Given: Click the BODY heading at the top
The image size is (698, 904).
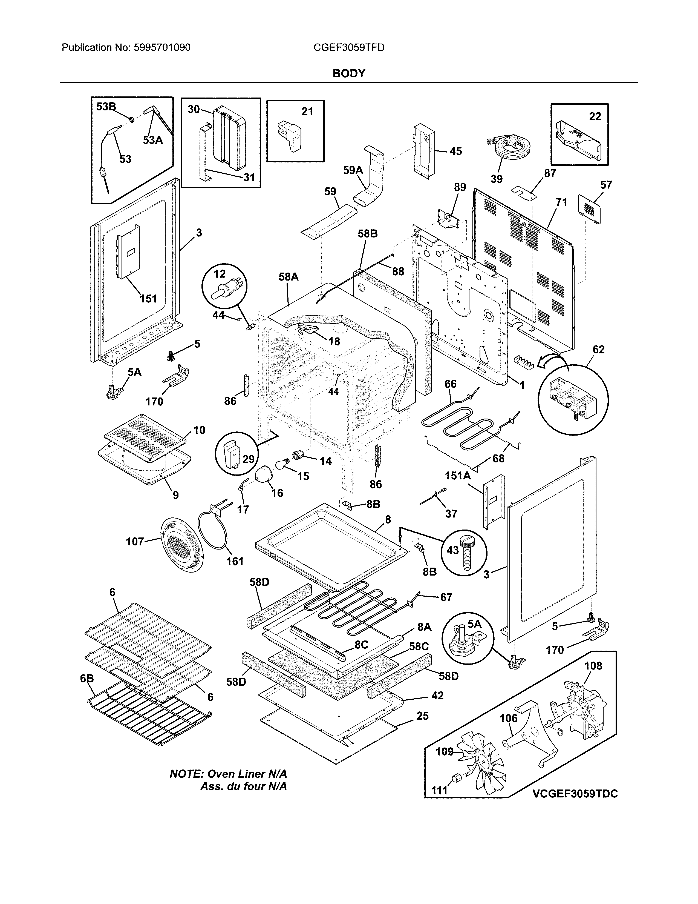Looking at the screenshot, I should tap(348, 74).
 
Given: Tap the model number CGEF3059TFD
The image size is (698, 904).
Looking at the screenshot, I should tap(349, 48).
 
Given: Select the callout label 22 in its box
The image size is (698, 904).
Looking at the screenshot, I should tap(595, 117).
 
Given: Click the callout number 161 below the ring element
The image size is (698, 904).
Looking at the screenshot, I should tap(235, 561).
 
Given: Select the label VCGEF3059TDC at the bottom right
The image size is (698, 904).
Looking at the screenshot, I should tap(575, 794).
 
